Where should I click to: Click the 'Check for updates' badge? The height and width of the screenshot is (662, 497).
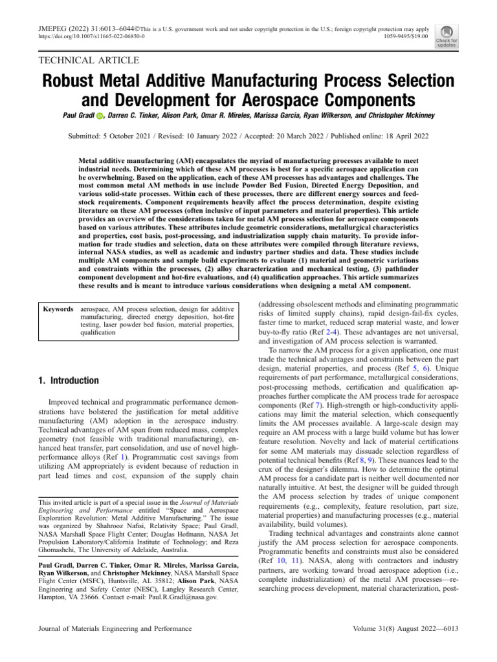pos(447,36)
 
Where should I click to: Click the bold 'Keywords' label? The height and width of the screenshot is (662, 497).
pos(58,310)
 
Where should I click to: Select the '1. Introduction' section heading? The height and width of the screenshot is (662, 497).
pos(69,381)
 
